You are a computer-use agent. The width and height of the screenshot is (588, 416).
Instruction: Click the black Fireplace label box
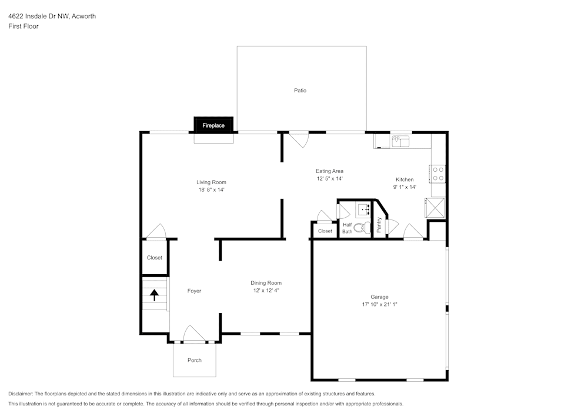pyautogui.click(x=213, y=125)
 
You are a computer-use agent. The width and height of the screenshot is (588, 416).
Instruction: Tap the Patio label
pyautogui.click(x=300, y=91)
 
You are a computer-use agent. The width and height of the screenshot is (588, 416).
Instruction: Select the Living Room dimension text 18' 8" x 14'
pyautogui.click(x=211, y=190)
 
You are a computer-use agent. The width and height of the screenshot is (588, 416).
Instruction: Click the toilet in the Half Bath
pyautogui.click(x=360, y=227)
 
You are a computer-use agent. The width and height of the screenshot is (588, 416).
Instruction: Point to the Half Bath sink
pyautogui.click(x=363, y=209)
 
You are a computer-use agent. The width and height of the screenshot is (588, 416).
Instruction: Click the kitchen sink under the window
pyautogui.click(x=401, y=141)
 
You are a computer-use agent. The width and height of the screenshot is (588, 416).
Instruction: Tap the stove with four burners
pyautogui.click(x=438, y=173)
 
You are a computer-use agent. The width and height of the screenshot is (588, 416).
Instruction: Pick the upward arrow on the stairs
pyautogui.click(x=155, y=295)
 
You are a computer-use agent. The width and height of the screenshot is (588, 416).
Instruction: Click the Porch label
pyautogui.click(x=194, y=360)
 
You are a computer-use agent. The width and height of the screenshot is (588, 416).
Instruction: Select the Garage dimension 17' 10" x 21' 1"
pyautogui.click(x=379, y=305)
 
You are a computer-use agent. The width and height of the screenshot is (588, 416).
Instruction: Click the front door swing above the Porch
pyautogui.click(x=194, y=334)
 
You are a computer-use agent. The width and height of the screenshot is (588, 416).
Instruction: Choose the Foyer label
pyautogui.click(x=194, y=291)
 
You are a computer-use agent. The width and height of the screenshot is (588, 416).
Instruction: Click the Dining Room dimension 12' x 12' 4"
pyautogui.click(x=266, y=290)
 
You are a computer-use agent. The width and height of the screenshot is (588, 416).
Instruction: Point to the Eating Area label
pyautogui.click(x=329, y=171)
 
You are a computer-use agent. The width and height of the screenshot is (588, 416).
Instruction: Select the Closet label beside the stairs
pyautogui.click(x=155, y=258)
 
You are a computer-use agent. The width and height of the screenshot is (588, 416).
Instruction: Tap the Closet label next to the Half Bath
pyautogui.click(x=325, y=231)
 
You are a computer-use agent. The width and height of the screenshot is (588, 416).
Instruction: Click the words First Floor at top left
pyautogui.click(x=24, y=26)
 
